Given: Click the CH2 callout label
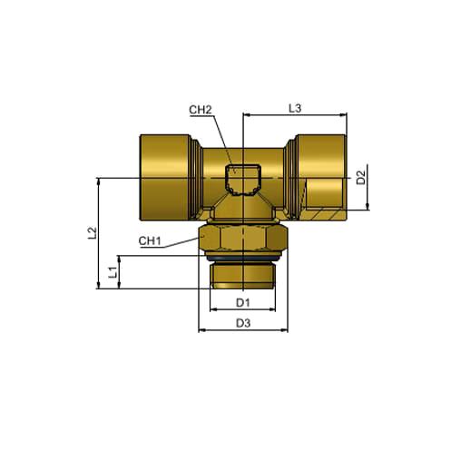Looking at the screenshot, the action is [x=201, y=110].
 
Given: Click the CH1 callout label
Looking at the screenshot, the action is [x=150, y=241].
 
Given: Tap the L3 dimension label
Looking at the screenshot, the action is [x=295, y=108].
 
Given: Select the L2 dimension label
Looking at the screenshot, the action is [x=93, y=233].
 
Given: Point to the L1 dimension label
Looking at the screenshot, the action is [x=113, y=272].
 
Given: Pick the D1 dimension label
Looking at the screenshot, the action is [x=243, y=302].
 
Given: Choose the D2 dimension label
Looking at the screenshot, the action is [x=361, y=178].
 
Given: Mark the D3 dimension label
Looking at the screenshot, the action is [x=243, y=323].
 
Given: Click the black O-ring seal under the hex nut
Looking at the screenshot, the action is [x=243, y=259].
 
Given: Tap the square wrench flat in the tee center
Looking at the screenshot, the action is [x=243, y=181].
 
